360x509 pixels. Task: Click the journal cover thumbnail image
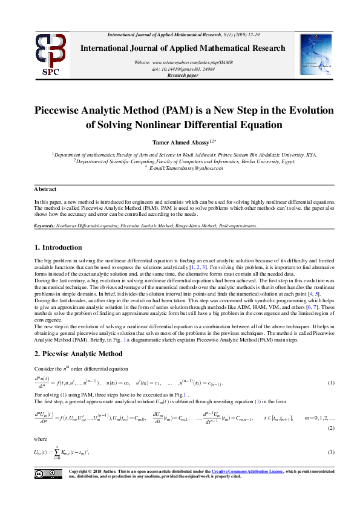coord(316,54)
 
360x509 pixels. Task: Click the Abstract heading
coord(45,189)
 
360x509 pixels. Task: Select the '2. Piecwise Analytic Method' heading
coord(78,354)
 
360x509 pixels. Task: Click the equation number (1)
coord(331,383)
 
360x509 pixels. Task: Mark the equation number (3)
coord(331,452)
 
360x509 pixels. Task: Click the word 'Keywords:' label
coord(45,225)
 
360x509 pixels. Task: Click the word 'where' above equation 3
coord(40,439)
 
